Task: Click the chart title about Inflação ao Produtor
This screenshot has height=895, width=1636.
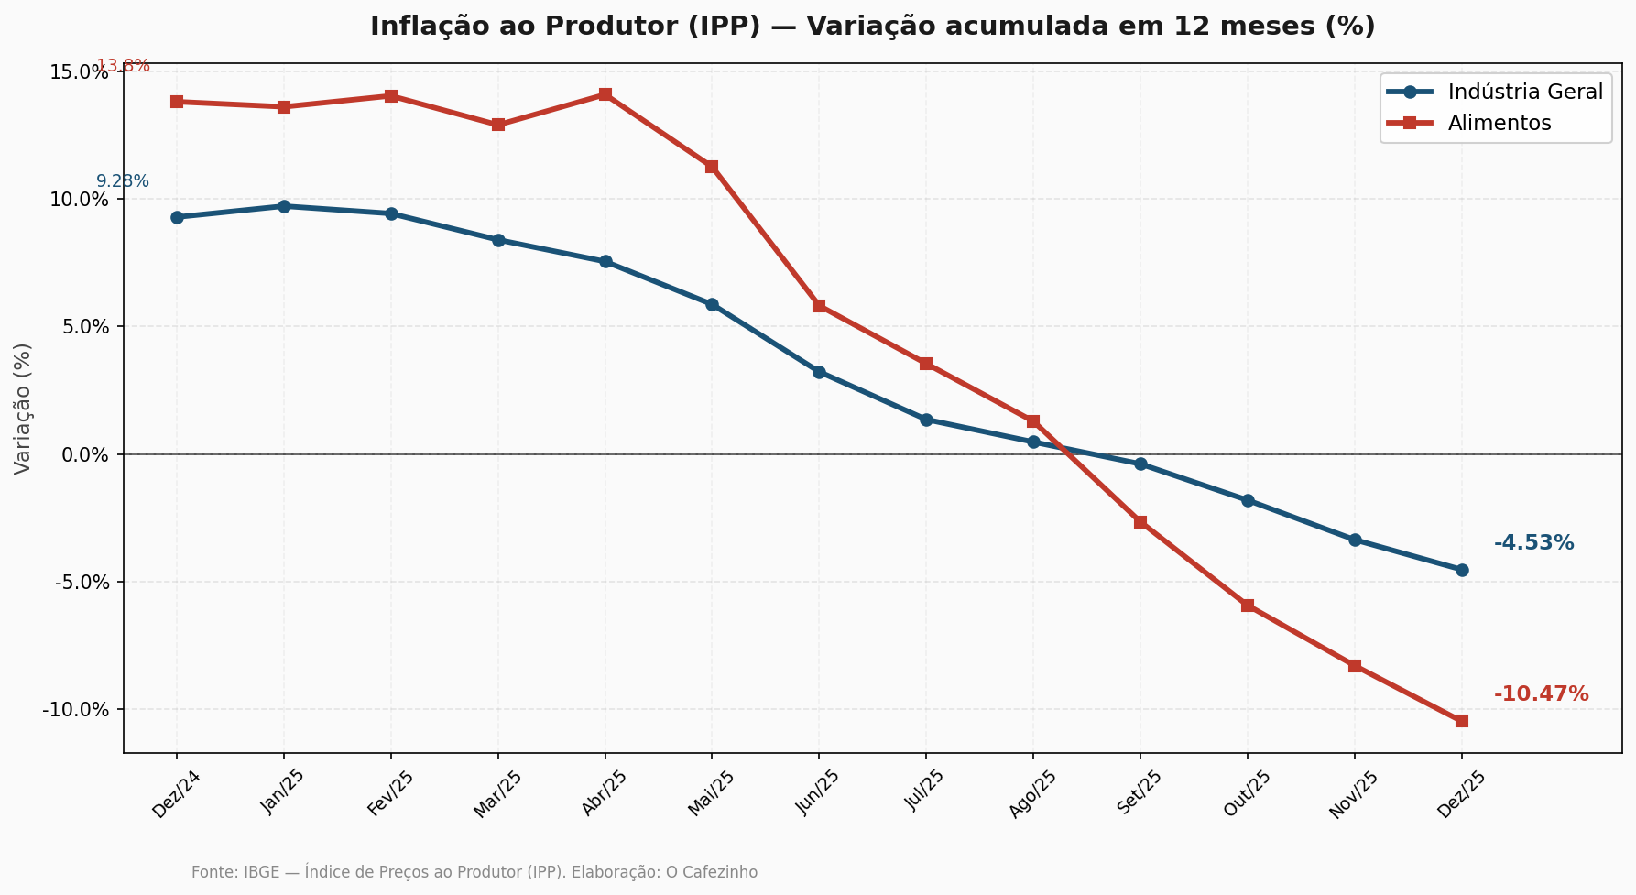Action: tap(872, 27)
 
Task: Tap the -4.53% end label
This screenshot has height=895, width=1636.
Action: tap(1533, 543)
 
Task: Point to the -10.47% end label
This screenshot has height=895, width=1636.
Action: tap(1541, 694)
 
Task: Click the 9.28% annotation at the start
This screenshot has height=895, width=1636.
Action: tap(123, 181)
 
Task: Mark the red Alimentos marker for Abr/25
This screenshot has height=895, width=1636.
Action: tap(605, 95)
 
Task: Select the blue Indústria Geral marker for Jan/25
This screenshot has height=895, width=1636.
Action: tap(284, 206)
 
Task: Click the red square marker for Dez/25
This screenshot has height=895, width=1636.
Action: tap(1461, 721)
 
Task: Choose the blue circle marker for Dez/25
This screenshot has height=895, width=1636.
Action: tap(1461, 570)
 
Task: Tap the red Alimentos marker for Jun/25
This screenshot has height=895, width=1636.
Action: tap(819, 306)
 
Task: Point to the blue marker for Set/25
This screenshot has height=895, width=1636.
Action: tap(1140, 464)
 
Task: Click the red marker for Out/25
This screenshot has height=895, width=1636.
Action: tap(1248, 606)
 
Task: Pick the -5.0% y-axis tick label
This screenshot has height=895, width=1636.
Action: tap(82, 583)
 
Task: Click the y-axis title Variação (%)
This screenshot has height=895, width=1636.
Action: tap(23, 409)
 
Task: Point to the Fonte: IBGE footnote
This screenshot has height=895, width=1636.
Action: tap(474, 872)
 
